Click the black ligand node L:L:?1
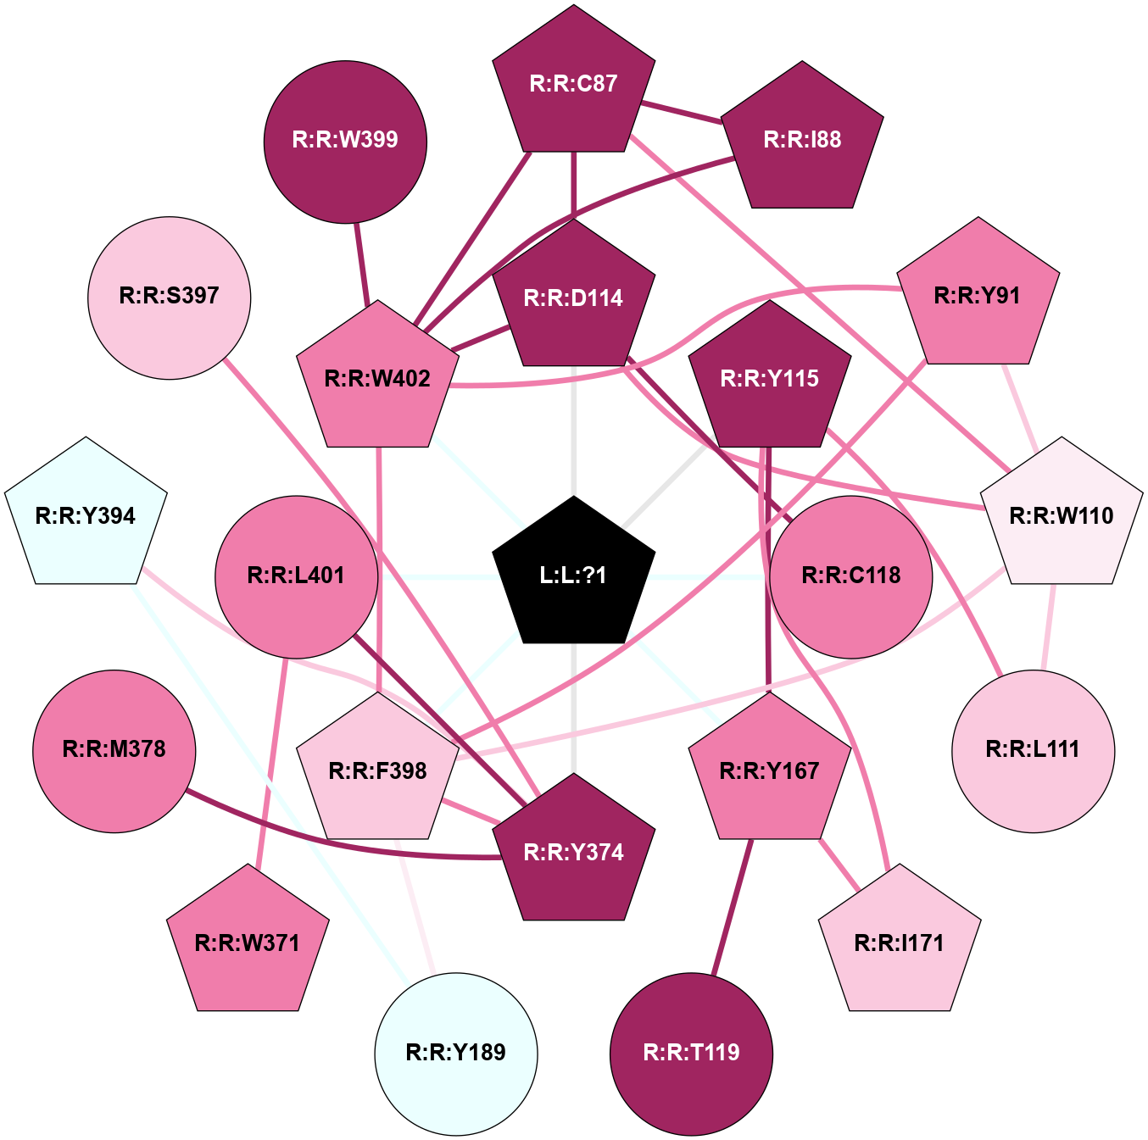point(574,575)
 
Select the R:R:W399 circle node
point(346,142)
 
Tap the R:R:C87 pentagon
point(574,83)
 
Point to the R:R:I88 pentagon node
point(802,139)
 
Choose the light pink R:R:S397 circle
point(170,298)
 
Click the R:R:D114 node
point(574,298)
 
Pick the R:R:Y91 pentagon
point(978,296)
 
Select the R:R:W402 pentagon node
point(377,378)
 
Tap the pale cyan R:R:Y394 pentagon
point(86,515)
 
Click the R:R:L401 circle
point(296,576)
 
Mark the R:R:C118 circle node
point(850,576)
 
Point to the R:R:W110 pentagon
point(1062,515)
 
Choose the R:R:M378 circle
point(114,751)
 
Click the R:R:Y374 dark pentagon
point(574,852)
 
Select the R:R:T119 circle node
point(691,1054)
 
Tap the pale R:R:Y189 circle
point(456,1054)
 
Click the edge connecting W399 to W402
point(362,264)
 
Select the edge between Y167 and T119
point(733,907)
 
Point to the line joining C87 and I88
point(681,114)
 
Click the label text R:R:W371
point(248,943)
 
